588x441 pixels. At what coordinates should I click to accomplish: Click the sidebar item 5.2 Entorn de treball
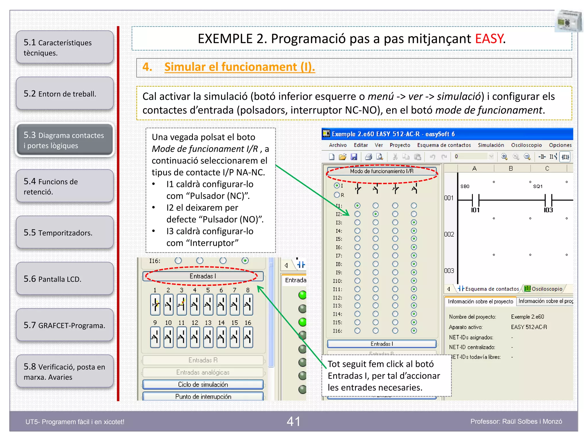coord(65,94)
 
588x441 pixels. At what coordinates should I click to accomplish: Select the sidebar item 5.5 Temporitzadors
coord(65,232)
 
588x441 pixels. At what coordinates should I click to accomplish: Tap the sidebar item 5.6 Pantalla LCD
coord(65,279)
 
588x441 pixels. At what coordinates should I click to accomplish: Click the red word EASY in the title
coord(489,39)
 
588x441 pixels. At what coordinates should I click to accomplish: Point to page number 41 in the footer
coord(293,421)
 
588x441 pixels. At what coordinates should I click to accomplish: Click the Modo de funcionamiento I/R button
coord(382,171)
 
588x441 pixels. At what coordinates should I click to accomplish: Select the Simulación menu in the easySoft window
coord(491,145)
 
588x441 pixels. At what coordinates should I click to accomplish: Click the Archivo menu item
coord(338,145)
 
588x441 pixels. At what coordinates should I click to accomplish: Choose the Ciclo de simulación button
coord(203,384)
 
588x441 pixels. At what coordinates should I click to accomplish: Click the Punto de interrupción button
coord(203,396)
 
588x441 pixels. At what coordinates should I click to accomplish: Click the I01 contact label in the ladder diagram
coord(475,210)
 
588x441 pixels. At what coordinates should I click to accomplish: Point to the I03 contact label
coord(548,210)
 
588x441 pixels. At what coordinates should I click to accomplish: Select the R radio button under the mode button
coord(337,195)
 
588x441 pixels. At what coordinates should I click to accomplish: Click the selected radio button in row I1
coord(357,206)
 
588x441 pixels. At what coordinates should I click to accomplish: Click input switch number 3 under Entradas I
coord(181,304)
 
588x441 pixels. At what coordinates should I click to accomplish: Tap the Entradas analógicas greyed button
coord(203,372)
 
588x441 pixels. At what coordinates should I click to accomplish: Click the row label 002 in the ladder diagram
coord(449,234)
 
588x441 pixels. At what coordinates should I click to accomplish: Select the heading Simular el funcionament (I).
coord(239,67)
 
